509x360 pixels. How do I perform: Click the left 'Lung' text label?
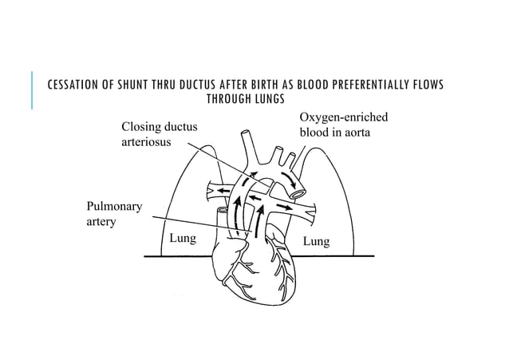182,238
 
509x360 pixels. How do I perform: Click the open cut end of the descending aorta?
299,192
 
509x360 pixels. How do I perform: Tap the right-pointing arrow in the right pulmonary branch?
286,208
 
